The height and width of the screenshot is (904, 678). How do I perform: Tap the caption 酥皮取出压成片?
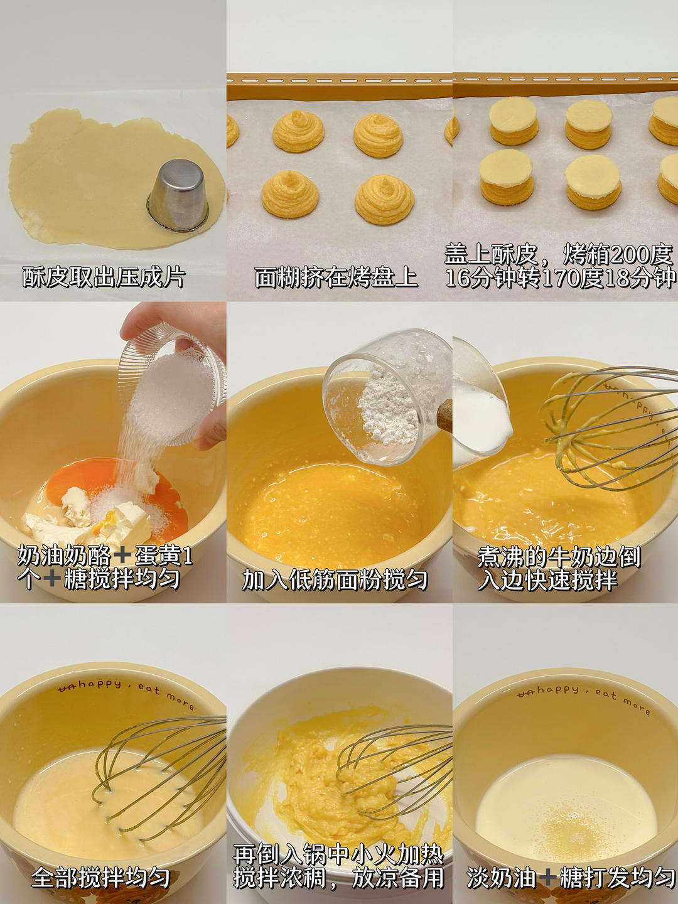pyautogui.click(x=104, y=277)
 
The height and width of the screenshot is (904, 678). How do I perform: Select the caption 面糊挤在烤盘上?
pyautogui.click(x=336, y=277)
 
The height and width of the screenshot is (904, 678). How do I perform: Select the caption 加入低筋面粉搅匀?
pyautogui.click(x=336, y=579)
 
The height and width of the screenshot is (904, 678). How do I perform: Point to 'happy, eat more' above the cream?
pyautogui.click(x=584, y=697)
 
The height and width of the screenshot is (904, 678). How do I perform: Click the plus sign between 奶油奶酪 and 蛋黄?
pyautogui.click(x=122, y=555)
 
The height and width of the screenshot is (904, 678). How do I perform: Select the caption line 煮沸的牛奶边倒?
pyautogui.click(x=559, y=556)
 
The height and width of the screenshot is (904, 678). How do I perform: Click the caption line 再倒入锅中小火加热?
pyautogui.click(x=338, y=854)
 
